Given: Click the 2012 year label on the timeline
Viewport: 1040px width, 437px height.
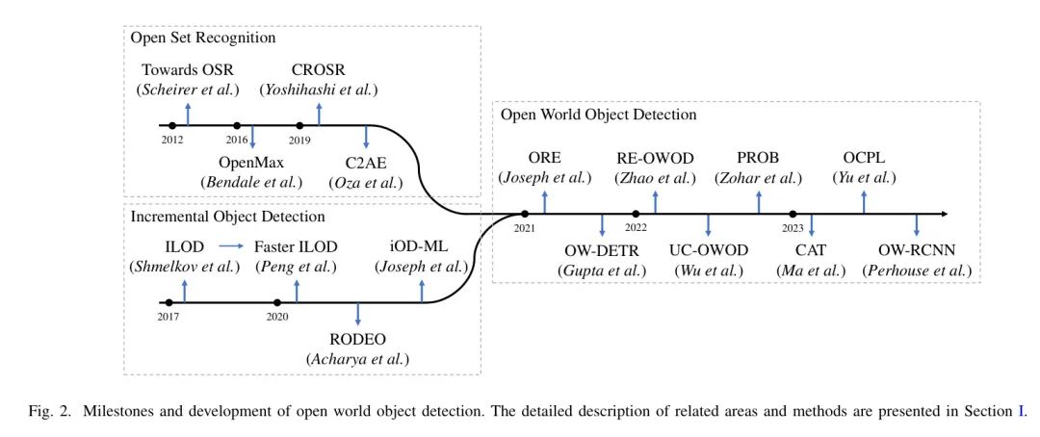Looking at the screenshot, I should point(171,141).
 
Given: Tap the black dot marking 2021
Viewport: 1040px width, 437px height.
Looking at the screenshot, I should point(525,214).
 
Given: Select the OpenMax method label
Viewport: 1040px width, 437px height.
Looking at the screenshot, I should point(250,162).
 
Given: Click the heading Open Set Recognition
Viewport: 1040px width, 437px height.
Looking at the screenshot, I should point(203,38).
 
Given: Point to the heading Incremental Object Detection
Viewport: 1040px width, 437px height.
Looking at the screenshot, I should point(228,217).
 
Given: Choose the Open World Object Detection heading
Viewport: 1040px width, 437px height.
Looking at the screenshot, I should point(598,115).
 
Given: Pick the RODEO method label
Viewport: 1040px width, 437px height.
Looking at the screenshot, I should point(358,338).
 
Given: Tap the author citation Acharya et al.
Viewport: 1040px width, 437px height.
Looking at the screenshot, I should point(358,358).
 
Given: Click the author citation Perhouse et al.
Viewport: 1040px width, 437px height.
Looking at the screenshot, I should point(916,270).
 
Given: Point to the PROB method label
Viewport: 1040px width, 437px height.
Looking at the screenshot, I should point(758,157).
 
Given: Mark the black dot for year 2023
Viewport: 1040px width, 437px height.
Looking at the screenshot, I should point(793,214).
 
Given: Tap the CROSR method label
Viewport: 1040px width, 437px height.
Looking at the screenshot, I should point(319,69).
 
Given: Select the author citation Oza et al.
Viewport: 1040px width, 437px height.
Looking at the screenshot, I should point(366,182).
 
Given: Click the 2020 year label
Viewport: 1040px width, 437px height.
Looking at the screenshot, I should point(277,318).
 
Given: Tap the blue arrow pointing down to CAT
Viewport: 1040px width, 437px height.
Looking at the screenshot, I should point(811,225).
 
